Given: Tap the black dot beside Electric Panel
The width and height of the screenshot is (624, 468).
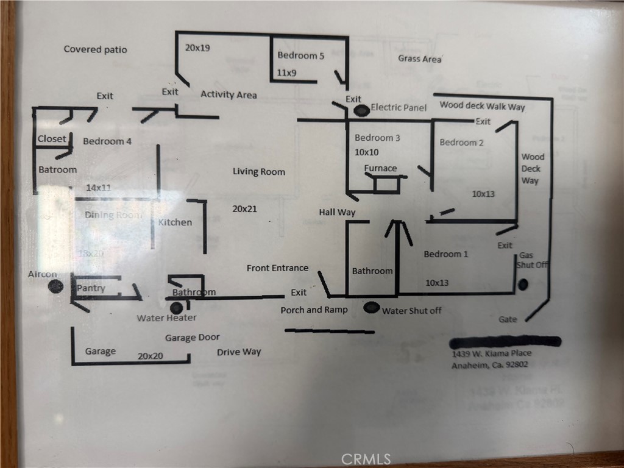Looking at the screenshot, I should tap(362, 110).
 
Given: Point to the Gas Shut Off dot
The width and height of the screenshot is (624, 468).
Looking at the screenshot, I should tap(523, 285).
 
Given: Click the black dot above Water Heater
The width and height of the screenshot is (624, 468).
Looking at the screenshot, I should tap(176, 307).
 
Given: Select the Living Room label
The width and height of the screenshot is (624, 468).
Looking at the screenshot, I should tap(258, 172).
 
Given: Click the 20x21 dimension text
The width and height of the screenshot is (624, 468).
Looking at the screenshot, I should tap(245, 209).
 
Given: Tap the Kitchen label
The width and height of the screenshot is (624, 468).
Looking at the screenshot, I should tap(175, 222).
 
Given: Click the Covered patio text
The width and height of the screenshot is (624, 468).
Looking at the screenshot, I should tap(96, 49).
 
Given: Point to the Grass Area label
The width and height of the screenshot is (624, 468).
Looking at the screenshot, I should tap(420, 59).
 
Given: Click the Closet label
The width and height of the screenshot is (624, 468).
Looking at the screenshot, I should tap(52, 139).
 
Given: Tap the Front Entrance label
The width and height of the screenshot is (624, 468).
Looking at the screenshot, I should tap(277, 268).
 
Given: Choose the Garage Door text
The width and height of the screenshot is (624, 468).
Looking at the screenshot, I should tap(192, 338).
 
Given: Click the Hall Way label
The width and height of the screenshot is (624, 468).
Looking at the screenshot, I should tap(337, 212).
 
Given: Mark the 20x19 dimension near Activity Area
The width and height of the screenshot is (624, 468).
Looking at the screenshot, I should tap(197, 48).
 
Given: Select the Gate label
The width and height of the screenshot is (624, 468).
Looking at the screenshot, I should tap(508, 319).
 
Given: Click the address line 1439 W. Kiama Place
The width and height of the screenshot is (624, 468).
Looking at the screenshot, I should tap(491, 353).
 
